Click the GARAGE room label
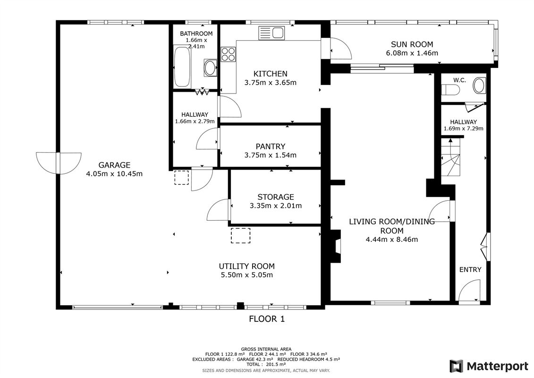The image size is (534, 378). pos(114,165)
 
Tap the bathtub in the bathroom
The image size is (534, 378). pos(182,66)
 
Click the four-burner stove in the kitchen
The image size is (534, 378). pos(228,54)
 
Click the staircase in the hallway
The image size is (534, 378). pos(450,157)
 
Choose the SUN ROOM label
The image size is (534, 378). pos(412,44)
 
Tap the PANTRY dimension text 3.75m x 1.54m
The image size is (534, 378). pos(270,155)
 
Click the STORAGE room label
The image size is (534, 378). pos(275,197)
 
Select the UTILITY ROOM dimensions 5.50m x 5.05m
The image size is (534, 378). pos(246,275)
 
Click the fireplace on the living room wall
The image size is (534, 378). pos(336,246)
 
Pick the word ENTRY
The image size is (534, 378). pos(470,269)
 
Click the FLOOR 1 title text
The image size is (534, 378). pos(267,319)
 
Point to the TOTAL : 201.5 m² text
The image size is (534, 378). pos(266,364)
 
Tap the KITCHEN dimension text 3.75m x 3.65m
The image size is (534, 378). pos(270,83)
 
